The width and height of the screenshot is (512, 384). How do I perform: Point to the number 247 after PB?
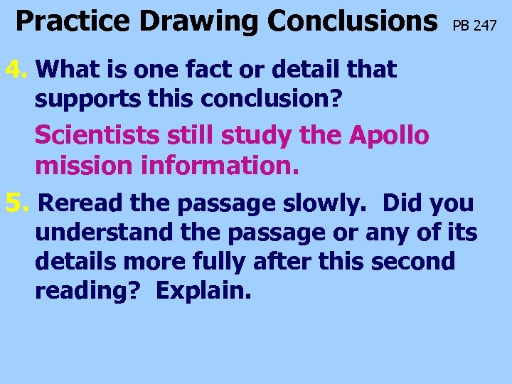(x=484, y=27)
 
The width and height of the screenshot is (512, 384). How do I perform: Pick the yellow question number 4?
(x=16, y=70)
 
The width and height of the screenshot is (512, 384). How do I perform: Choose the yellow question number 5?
(x=16, y=203)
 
